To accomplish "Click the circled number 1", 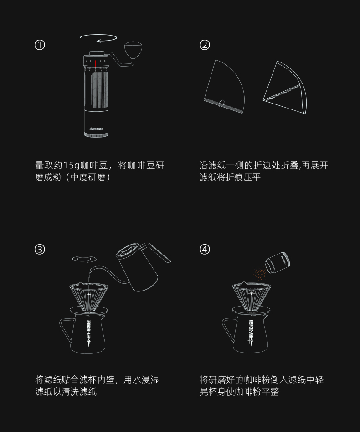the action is tap(40, 45).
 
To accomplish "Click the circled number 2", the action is tap(205, 45).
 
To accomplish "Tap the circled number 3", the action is tap(40, 250).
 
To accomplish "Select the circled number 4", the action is tap(205, 250).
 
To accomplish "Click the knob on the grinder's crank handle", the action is tap(133, 49).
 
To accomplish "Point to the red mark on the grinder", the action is tap(95, 63).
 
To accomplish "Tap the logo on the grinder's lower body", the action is tap(96, 129).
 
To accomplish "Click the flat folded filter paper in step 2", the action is tap(224, 87).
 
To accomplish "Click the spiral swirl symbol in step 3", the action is tap(84, 259).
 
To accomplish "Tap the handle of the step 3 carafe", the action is tap(66, 329).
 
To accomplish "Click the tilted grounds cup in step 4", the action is tap(277, 263).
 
